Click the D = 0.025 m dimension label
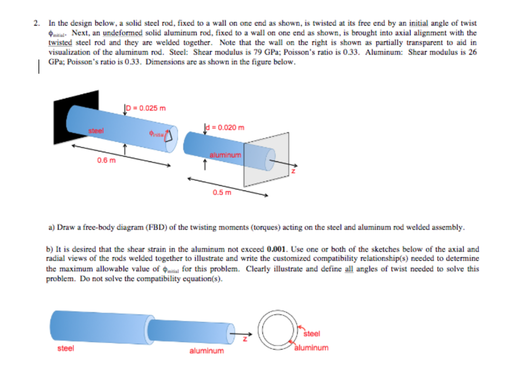(x=147, y=108)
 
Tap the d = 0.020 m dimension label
(x=226, y=127)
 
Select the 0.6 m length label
(x=106, y=160)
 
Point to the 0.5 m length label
(x=221, y=192)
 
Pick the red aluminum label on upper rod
(x=225, y=155)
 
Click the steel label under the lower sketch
(x=65, y=348)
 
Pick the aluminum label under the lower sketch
(x=206, y=351)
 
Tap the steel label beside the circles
(x=312, y=333)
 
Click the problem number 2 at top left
(x=36, y=23)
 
